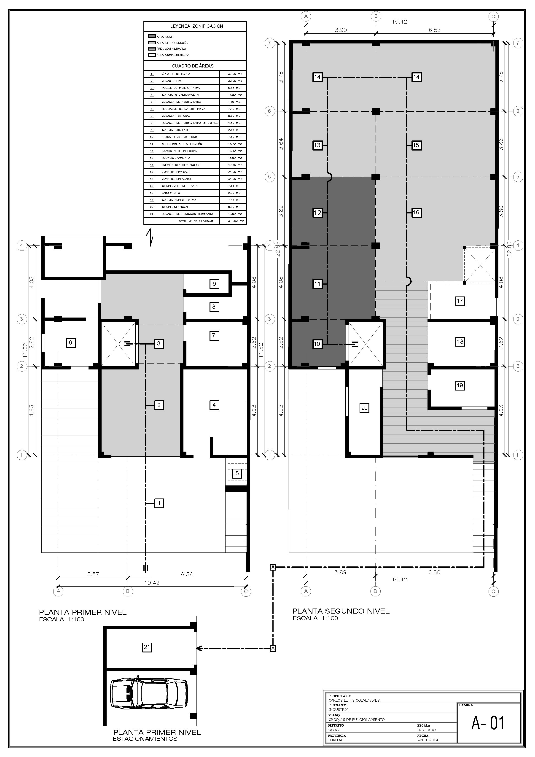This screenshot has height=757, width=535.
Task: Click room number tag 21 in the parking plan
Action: (147, 647)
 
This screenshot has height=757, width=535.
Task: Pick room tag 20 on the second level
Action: (364, 408)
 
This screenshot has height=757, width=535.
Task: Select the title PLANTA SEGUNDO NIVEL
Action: (341, 611)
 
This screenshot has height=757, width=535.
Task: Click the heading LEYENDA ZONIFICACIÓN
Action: (196, 26)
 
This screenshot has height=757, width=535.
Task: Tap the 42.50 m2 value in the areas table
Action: (235, 165)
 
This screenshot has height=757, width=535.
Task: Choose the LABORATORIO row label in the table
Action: (171, 193)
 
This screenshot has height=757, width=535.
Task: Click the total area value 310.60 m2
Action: (236, 221)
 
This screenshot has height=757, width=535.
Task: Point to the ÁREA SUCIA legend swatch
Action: (152, 37)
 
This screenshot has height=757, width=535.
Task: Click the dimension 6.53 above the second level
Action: (434, 30)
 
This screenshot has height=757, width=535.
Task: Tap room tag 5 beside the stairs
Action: (237, 474)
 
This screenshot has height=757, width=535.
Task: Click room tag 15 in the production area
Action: (416, 145)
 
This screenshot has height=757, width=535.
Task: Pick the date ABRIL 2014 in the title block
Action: (427, 740)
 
